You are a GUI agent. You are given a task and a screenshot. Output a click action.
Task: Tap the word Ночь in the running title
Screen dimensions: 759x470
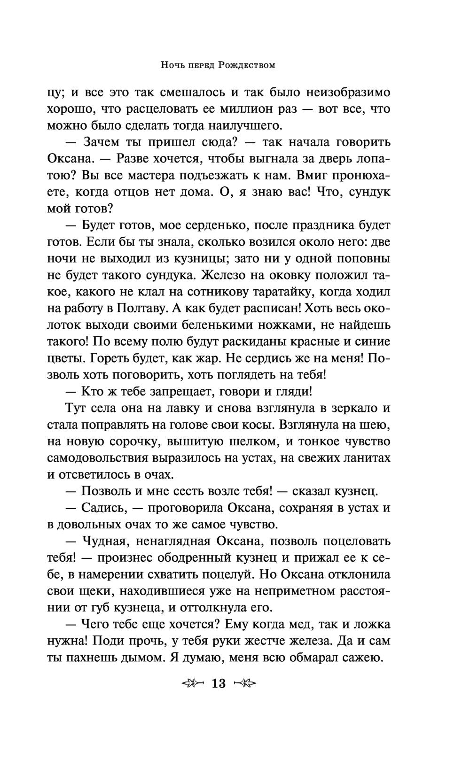173,66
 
